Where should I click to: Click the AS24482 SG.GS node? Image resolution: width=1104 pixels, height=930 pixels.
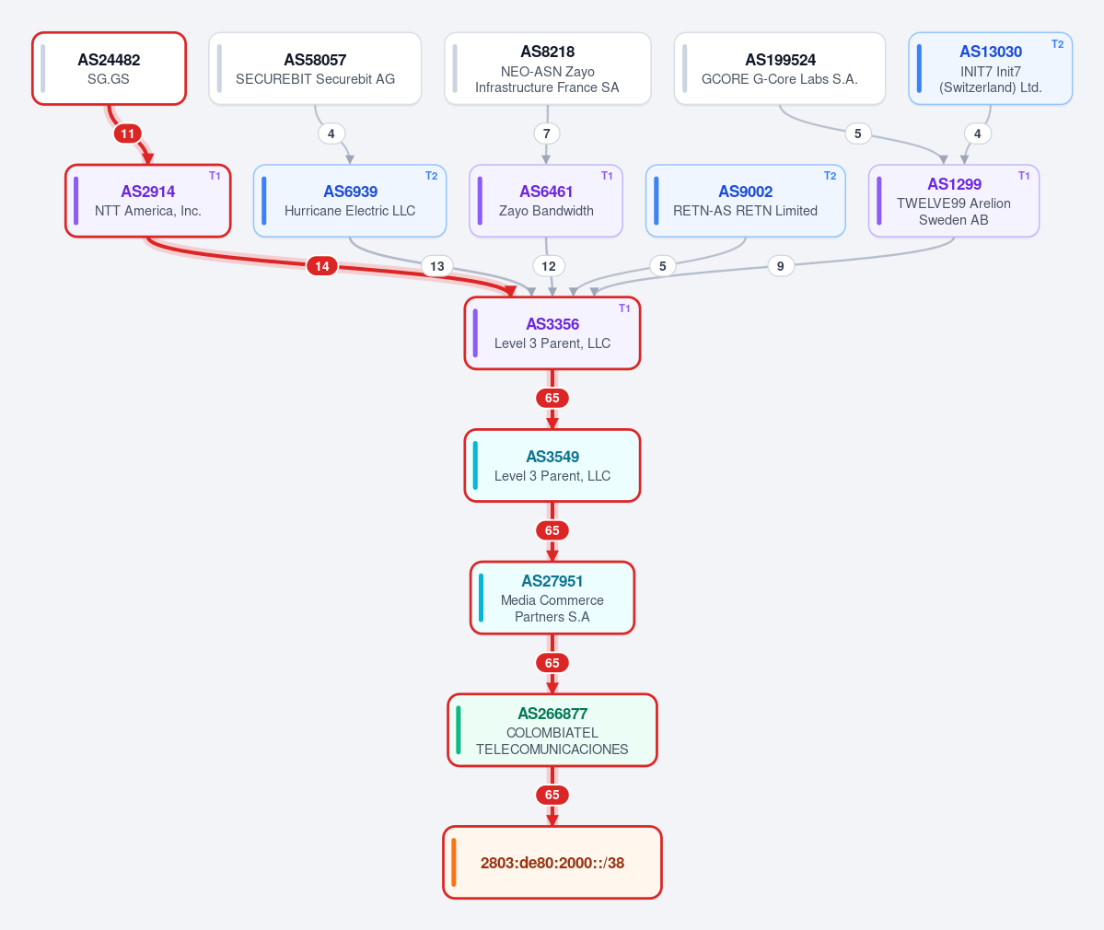click(x=110, y=68)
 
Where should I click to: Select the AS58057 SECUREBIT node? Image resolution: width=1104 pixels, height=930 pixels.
click(x=315, y=68)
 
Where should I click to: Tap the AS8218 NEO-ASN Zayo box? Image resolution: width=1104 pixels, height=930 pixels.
click(x=547, y=68)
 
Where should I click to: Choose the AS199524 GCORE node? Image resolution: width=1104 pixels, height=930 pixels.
click(x=779, y=68)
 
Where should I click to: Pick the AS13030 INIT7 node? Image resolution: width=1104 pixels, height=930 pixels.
click(x=990, y=68)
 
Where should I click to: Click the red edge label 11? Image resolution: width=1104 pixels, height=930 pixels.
click(x=127, y=134)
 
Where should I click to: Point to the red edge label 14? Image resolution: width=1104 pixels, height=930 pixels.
click(x=321, y=266)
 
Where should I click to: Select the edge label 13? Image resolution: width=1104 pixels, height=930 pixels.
click(x=437, y=266)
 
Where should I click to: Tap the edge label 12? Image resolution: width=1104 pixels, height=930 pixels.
click(x=549, y=266)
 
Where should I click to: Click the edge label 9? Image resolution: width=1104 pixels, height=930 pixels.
click(x=780, y=266)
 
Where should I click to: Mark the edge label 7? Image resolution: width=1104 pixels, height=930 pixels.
click(x=546, y=134)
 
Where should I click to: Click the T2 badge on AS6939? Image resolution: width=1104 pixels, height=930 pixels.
click(x=432, y=176)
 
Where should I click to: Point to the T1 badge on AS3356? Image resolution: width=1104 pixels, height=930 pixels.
click(x=624, y=308)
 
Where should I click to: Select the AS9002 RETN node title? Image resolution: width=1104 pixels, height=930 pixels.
click(x=746, y=192)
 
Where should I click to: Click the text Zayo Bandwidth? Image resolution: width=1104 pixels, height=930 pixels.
click(x=546, y=211)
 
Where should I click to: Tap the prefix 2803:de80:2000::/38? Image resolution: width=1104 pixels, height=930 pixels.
click(x=552, y=863)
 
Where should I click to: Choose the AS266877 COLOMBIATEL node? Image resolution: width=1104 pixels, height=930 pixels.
click(x=552, y=730)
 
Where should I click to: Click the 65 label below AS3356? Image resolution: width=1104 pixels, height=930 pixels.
click(x=552, y=399)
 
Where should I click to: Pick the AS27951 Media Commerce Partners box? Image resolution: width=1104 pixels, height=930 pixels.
click(x=552, y=598)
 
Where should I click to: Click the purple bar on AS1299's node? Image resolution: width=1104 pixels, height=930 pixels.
click(x=878, y=201)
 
